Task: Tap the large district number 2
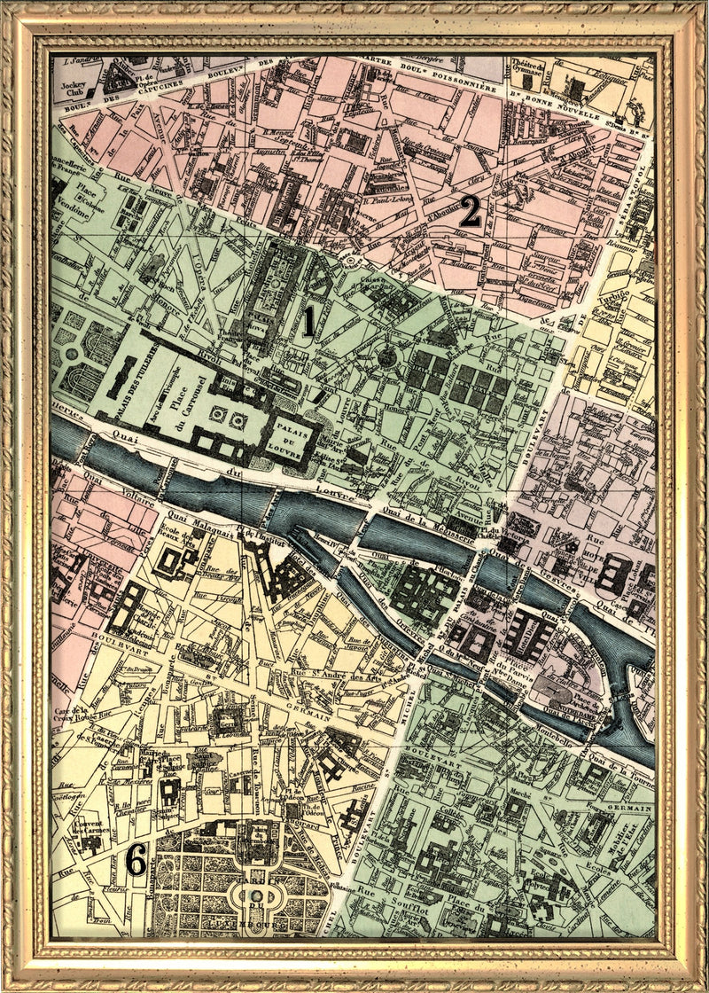pyautogui.click(x=470, y=212)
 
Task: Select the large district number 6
pyautogui.click(x=135, y=858)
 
